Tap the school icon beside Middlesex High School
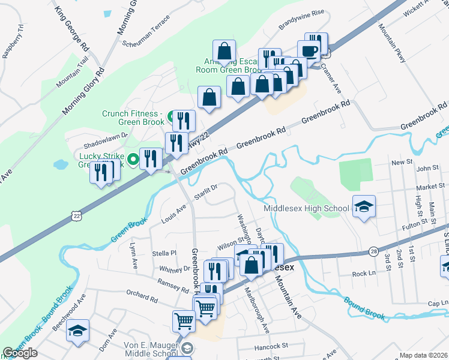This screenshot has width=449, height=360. (363, 206)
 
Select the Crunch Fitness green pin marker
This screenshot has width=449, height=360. (170, 116)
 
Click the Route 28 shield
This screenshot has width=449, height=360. (373, 250)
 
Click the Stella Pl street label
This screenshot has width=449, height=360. (165, 253)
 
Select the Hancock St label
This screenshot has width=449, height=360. (273, 346)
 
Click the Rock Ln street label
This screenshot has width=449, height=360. (363, 274)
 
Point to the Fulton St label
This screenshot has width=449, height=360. (415, 222)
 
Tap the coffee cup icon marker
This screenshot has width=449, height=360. (309, 51)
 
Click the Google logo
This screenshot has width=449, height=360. (20, 353)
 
